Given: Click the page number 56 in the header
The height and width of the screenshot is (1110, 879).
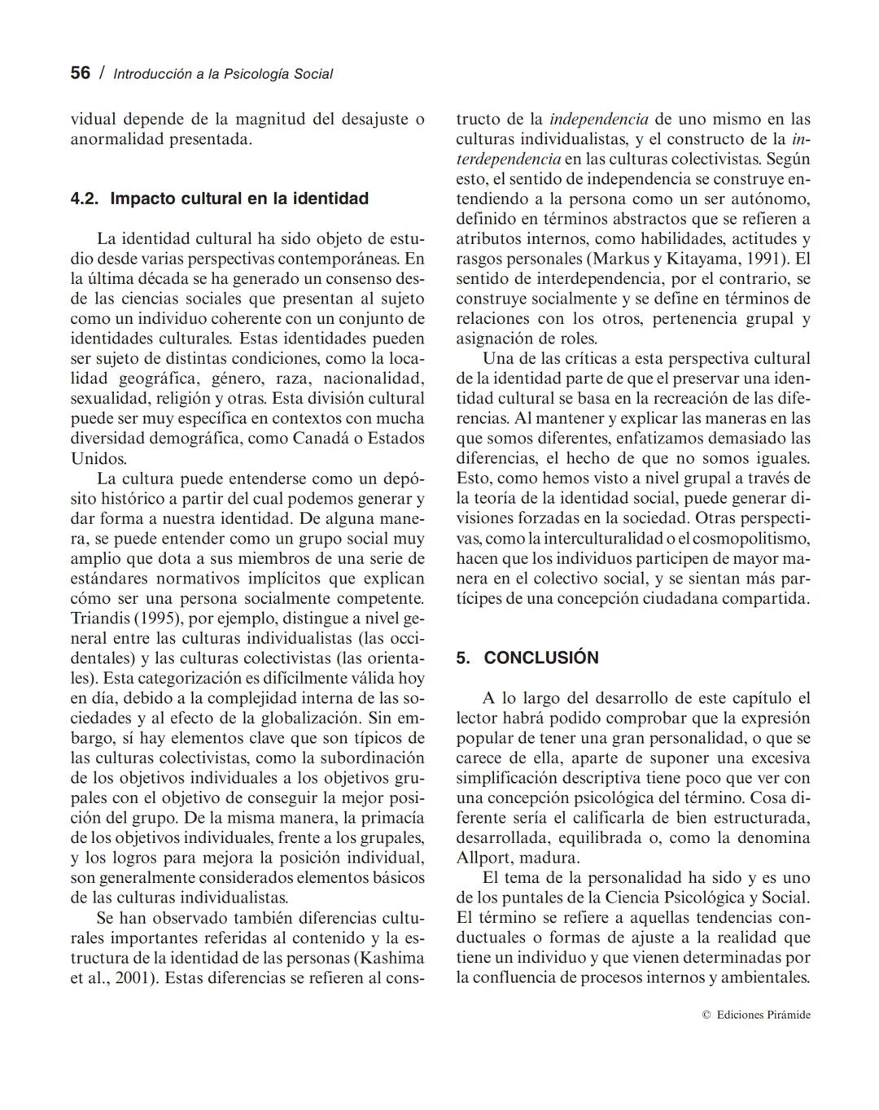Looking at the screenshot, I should point(80,73).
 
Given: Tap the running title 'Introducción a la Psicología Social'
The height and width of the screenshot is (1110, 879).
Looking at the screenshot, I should point(223,74).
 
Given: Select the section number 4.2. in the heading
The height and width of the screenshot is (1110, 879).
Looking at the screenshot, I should point(85,199).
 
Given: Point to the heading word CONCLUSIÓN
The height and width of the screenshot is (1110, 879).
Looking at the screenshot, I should point(541,658).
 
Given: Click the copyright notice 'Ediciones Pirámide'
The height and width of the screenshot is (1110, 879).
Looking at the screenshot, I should point(763,1015).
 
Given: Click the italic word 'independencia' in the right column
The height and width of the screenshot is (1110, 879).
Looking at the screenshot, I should point(599,119).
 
